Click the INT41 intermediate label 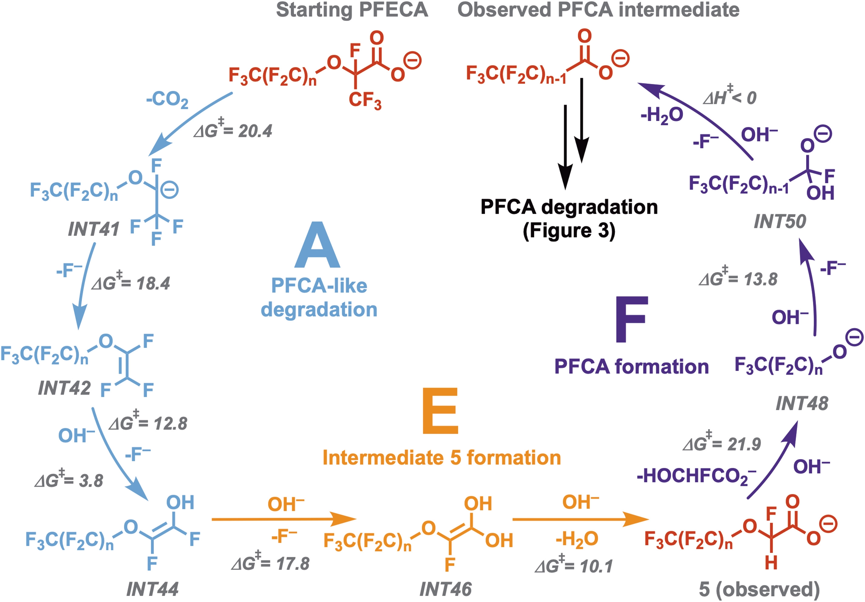click(93, 229)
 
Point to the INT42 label click(64, 388)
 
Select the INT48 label click(802, 404)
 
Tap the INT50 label click(780, 221)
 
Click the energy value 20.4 click(255, 131)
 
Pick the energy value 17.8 click(293, 563)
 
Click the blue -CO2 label click(167, 100)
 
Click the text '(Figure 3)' click(569, 230)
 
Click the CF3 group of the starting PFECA click(365, 100)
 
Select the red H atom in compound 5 click(771, 563)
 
